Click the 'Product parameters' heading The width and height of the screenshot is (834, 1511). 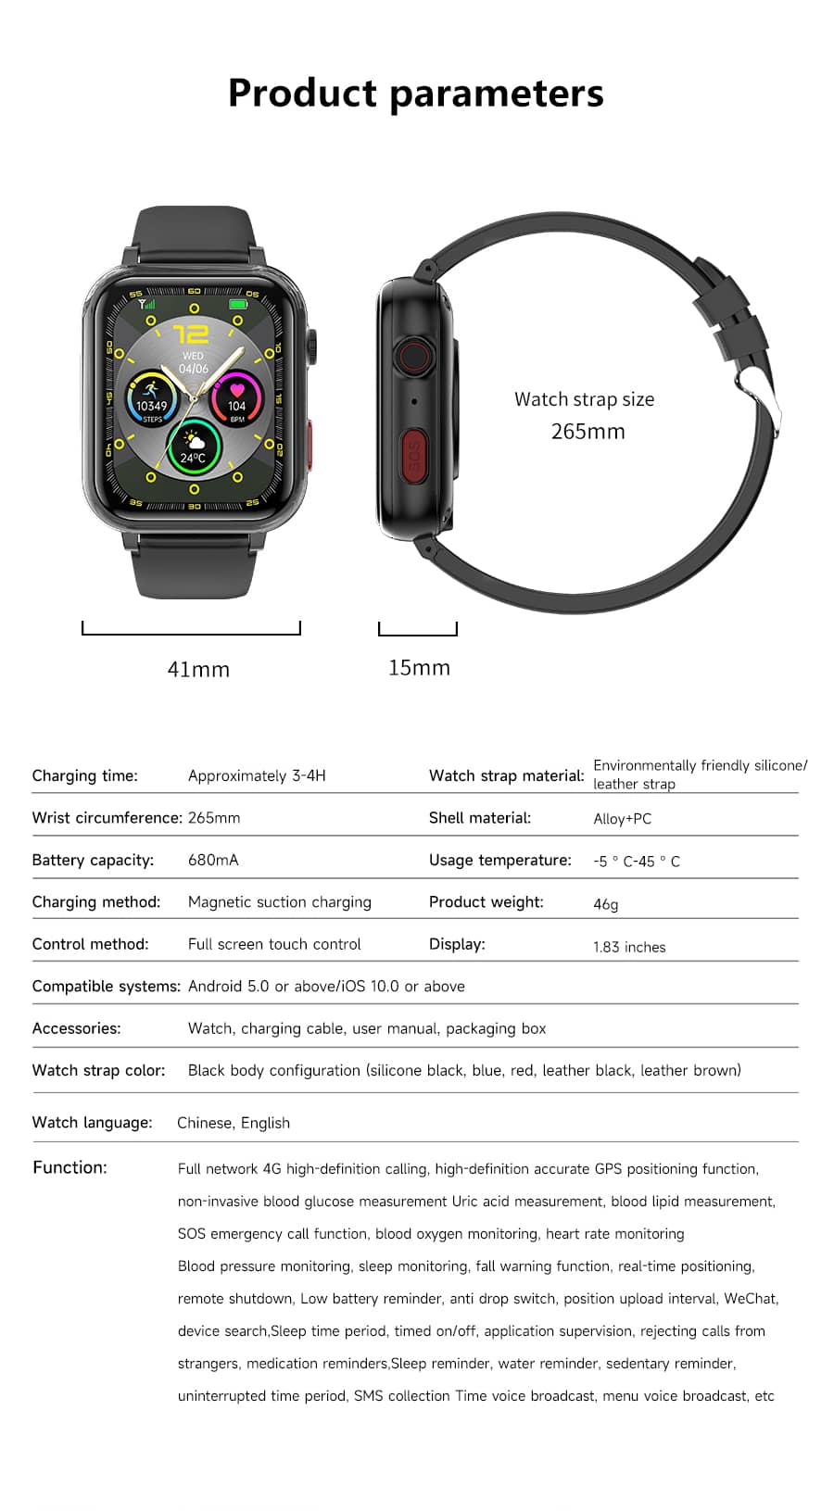click(x=416, y=94)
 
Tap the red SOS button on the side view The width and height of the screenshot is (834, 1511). click(x=414, y=455)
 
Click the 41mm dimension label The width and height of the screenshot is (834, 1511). click(x=198, y=669)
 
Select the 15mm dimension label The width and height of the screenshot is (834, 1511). click(x=419, y=667)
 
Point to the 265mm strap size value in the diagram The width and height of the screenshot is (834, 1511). click(x=588, y=432)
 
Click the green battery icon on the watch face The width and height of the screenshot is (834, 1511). click(x=238, y=304)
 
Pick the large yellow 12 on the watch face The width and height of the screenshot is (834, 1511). click(x=191, y=334)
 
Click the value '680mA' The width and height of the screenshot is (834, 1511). click(x=213, y=860)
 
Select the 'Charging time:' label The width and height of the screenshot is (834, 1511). click(x=84, y=775)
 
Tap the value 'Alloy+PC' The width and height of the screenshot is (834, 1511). click(x=622, y=819)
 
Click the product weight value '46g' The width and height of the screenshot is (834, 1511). click(x=605, y=904)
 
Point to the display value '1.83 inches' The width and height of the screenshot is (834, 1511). click(x=629, y=947)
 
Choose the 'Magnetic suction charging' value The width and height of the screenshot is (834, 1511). click(x=279, y=901)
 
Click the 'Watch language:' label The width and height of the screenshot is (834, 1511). click(x=92, y=1122)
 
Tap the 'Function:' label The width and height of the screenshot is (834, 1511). click(x=69, y=1167)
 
